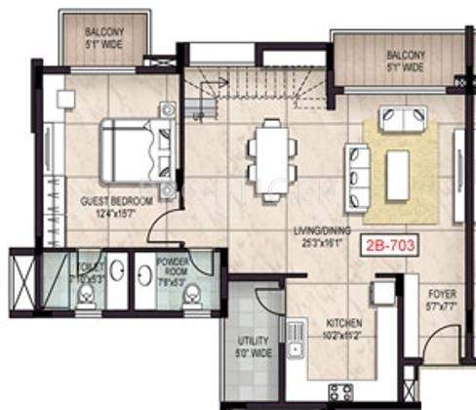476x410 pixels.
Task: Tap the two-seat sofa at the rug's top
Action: [402, 120]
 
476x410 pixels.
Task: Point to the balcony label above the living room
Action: [404, 61]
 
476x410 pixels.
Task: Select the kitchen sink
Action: [295, 337]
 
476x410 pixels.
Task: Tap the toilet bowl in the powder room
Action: [193, 292]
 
